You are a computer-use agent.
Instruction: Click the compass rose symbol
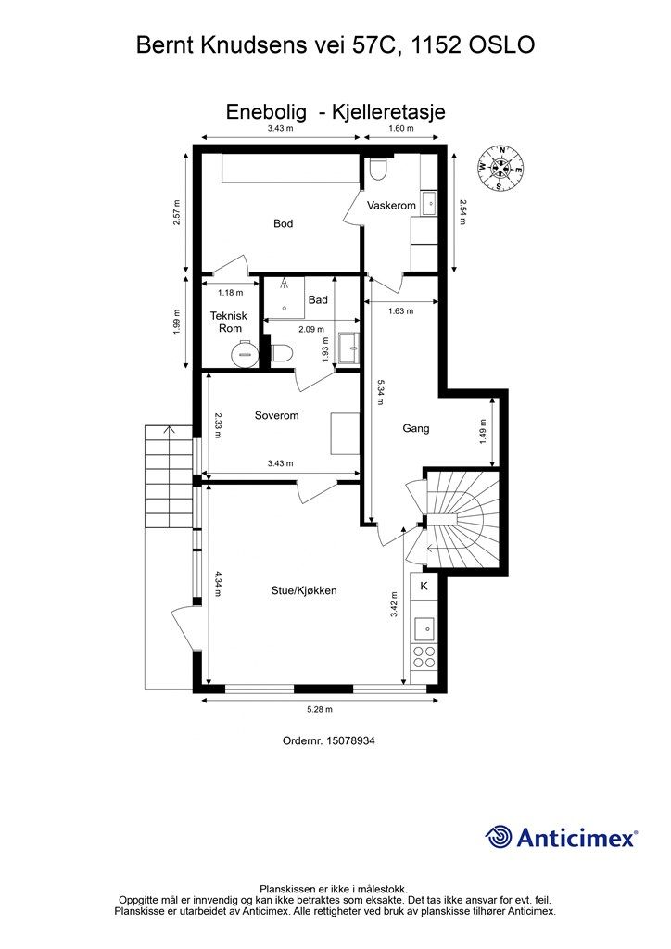pyautogui.click(x=500, y=168)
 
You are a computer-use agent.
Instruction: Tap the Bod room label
pyautogui.click(x=284, y=224)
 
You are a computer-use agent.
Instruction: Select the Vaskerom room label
pyautogui.click(x=391, y=206)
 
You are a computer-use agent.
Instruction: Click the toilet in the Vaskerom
pyautogui.click(x=379, y=169)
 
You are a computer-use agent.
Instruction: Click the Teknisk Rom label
pyautogui.click(x=229, y=322)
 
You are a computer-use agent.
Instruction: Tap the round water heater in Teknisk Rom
pyautogui.click(x=245, y=351)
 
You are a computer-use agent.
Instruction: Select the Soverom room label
pyautogui.click(x=276, y=416)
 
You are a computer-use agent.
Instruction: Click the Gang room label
pyautogui.click(x=416, y=428)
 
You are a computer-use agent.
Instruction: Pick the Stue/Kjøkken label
pyautogui.click(x=304, y=590)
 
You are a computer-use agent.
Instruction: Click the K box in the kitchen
pyautogui.click(x=424, y=586)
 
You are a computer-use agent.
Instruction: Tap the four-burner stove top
pyautogui.click(x=424, y=657)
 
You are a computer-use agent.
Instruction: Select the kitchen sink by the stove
pyautogui.click(x=424, y=629)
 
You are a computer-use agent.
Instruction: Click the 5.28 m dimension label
pyautogui.click(x=320, y=709)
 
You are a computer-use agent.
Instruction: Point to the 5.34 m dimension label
pyautogui.click(x=381, y=392)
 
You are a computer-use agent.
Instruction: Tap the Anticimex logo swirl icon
pyautogui.click(x=499, y=837)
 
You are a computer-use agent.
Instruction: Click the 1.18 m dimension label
pyautogui.click(x=230, y=293)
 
